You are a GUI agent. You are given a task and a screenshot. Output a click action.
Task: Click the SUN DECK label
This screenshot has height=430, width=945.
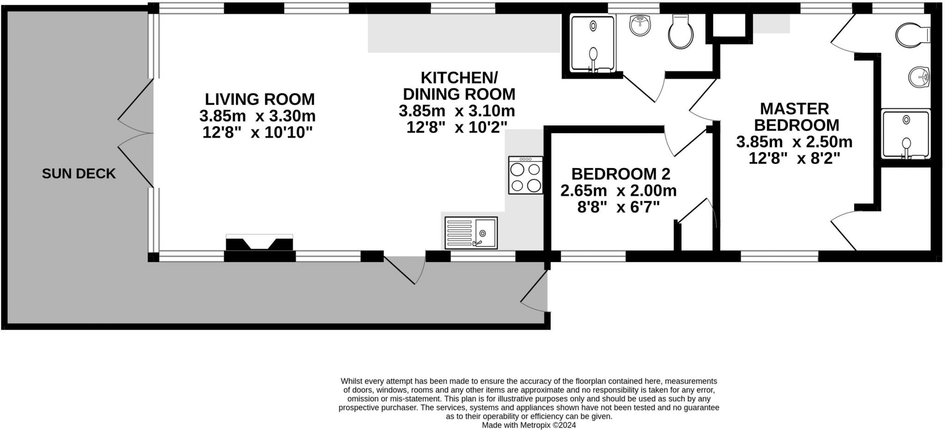pyautogui.click(x=78, y=174)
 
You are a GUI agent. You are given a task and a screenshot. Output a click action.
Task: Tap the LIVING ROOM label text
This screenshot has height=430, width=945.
pyautogui.click(x=259, y=99)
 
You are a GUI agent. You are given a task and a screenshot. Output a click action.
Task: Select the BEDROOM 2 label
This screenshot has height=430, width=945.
pyautogui.click(x=621, y=174)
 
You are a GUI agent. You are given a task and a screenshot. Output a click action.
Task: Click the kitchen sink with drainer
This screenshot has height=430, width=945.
pyautogui.click(x=471, y=233)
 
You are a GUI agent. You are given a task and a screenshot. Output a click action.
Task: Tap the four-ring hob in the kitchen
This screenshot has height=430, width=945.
pyautogui.click(x=526, y=175)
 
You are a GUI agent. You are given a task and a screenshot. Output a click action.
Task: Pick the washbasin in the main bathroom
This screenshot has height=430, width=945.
pyautogui.click(x=640, y=25)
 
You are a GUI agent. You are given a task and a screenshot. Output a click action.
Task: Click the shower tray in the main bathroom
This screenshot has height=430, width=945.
pyautogui.click(x=593, y=44)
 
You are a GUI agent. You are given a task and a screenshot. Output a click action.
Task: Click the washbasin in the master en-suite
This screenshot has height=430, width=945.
pyautogui.click(x=919, y=77)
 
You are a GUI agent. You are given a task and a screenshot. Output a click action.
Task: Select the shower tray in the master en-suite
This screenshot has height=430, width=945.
pyautogui.click(x=905, y=134)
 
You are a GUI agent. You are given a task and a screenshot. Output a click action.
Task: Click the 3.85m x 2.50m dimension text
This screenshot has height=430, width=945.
pyautogui.click(x=794, y=142)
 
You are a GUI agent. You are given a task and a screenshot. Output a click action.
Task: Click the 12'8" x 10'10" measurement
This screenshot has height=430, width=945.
pyautogui.click(x=257, y=133)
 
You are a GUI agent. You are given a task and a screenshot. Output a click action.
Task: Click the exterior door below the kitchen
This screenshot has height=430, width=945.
pyautogui.click(x=405, y=270)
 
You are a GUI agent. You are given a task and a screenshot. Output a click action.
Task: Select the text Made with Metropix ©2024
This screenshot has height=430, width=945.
pyautogui.click(x=529, y=425)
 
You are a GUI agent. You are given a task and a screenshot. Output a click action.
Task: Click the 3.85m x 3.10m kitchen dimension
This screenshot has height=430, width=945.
pyautogui.click(x=457, y=111)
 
